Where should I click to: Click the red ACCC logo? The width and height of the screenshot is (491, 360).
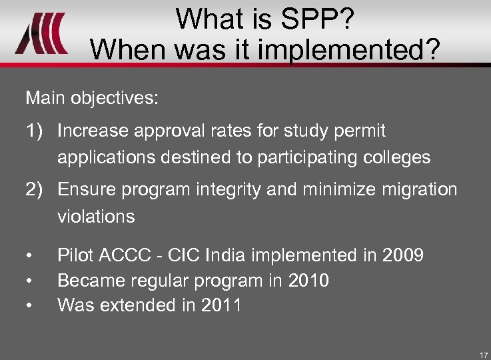(42, 33)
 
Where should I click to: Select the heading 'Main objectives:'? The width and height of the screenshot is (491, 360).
(92, 99)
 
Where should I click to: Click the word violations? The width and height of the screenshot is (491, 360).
(96, 217)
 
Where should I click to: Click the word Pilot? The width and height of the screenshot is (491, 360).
(75, 255)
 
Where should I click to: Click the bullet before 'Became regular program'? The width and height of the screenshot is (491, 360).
(30, 281)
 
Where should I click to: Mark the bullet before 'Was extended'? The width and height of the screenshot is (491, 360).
(30, 307)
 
